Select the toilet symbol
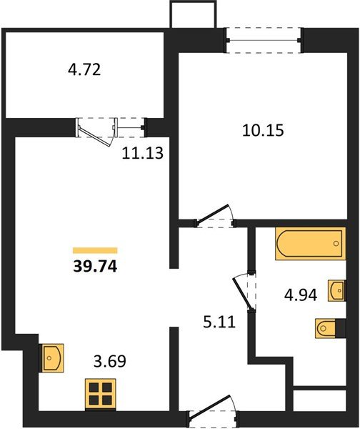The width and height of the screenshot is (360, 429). pos(327,329)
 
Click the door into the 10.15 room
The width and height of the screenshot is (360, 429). pos(216,215)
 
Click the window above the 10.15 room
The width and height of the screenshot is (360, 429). pos(263,38)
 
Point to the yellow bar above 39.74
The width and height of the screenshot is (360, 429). pos(95,250)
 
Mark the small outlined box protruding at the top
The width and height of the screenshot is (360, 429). pos(192,15)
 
